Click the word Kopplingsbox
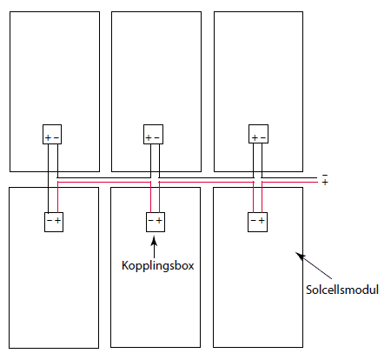[x=158, y=266]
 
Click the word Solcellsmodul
[x=342, y=290]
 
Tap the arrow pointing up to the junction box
[x=154, y=247]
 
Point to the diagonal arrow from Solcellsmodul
[x=314, y=265]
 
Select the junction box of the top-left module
[x=52, y=134]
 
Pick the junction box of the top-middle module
[x=153, y=134]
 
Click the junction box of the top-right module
[x=258, y=134]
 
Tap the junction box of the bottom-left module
[x=54, y=222]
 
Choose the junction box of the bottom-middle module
[x=156, y=222]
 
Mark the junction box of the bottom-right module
[x=257, y=222]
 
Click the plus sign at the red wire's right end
[x=325, y=183]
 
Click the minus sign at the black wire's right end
[x=325, y=176]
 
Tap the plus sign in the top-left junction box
[x=48, y=137]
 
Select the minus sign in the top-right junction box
[x=263, y=137]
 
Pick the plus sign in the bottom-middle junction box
[x=159, y=221]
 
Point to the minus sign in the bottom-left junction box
[x=50, y=221]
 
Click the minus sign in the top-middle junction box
[x=156, y=137]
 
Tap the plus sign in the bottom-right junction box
[x=262, y=221]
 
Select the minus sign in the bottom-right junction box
[x=254, y=221]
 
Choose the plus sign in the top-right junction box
[x=255, y=137]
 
